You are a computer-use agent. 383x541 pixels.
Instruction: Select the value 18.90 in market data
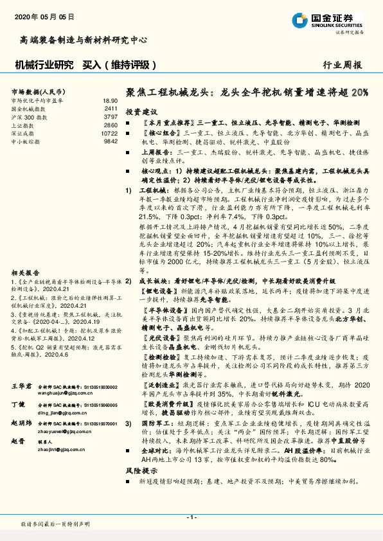(x=110, y=101)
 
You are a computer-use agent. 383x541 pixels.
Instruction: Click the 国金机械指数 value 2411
(x=111, y=109)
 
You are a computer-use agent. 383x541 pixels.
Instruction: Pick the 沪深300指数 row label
(x=29, y=117)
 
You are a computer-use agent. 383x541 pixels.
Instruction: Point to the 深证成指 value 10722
(x=110, y=132)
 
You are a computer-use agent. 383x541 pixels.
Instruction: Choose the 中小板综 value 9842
(x=111, y=140)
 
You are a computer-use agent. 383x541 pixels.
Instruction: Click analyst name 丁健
(x=17, y=405)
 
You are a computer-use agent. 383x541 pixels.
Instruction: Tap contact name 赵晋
(x=17, y=442)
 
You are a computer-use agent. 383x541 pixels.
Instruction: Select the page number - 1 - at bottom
(x=191, y=517)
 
